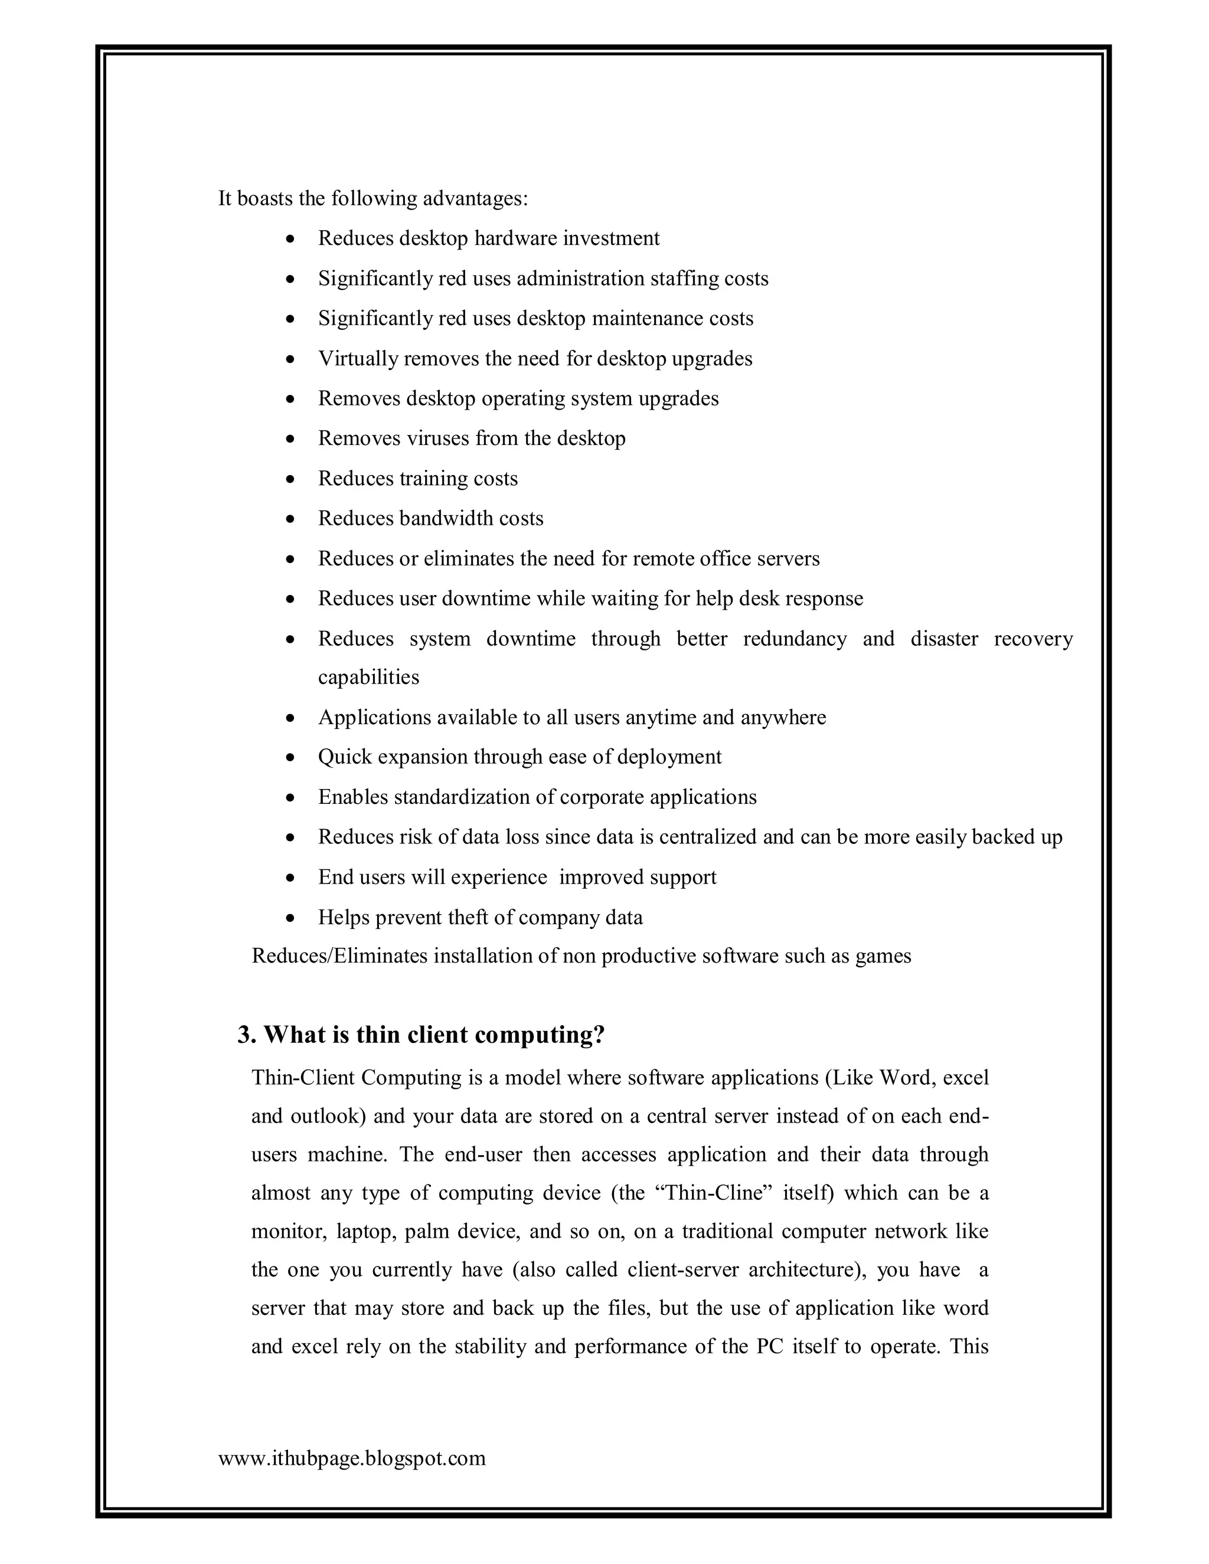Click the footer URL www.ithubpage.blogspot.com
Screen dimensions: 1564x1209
(352, 1458)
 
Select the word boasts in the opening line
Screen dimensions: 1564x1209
(265, 198)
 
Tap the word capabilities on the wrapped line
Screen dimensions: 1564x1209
(369, 678)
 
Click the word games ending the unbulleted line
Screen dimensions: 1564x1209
(883, 956)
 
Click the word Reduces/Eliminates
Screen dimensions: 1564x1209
(339, 956)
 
